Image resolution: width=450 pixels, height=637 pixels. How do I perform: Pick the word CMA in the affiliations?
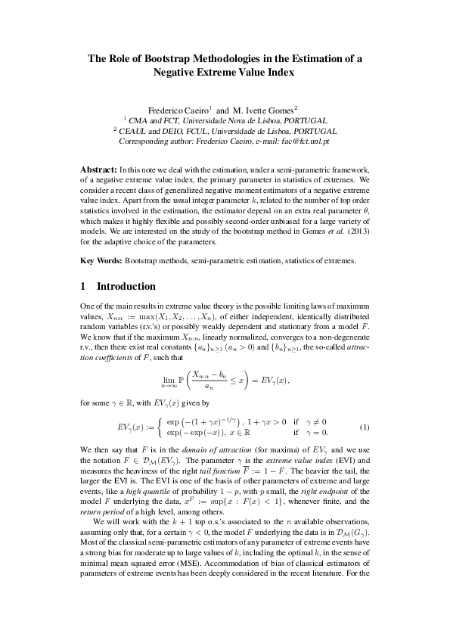[141, 120]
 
